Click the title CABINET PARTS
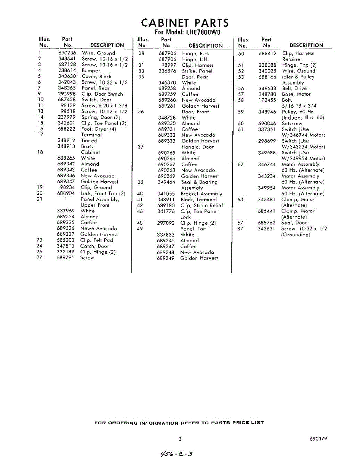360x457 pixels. click(x=185, y=22)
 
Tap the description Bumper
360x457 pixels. click(x=91, y=70)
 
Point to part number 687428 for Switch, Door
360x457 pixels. click(x=67, y=99)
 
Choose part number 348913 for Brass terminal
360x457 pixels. click(x=66, y=146)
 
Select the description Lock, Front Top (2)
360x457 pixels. click(x=103, y=193)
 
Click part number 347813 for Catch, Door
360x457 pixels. click(x=66, y=246)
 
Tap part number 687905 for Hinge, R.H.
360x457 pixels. click(x=167, y=54)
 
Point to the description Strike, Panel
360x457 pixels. click(x=197, y=71)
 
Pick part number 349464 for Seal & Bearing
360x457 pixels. click(x=166, y=182)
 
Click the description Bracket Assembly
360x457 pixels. click(x=201, y=194)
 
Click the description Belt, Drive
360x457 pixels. click(x=294, y=88)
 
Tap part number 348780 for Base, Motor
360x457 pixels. click(x=267, y=94)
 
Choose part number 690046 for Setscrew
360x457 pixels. click(x=267, y=123)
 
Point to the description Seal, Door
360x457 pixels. click(x=294, y=223)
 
